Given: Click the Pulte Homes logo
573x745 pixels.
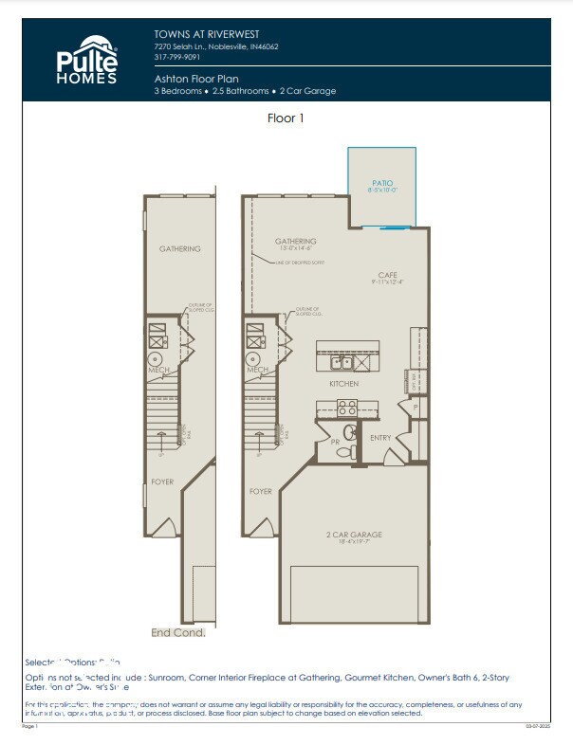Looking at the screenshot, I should click(x=86, y=60).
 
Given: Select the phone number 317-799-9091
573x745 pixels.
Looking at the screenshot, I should click(x=177, y=57).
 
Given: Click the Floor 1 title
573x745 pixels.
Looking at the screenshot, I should click(x=286, y=118).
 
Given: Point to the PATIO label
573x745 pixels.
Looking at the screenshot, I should click(x=381, y=184).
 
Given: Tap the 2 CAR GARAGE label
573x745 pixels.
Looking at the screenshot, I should click(x=353, y=535).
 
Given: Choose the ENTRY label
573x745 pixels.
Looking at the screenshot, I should click(x=380, y=437).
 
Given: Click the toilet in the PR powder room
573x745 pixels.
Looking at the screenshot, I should click(x=348, y=433).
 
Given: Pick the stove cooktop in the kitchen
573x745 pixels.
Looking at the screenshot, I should click(x=346, y=408).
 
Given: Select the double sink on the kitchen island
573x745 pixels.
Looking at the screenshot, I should click(x=342, y=361).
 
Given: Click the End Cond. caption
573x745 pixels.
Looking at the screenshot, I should click(x=178, y=632).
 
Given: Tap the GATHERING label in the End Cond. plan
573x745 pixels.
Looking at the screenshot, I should click(x=179, y=249).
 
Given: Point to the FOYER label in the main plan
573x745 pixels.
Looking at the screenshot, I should click(x=261, y=491).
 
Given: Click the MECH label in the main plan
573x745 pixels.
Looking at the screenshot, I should click(x=257, y=370).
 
